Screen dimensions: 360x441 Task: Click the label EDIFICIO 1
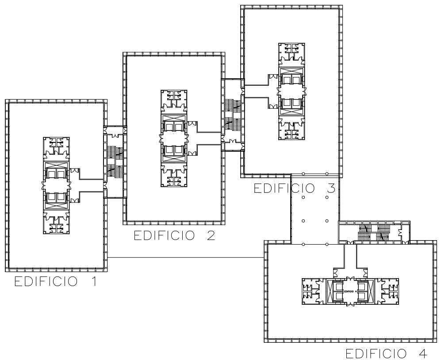pyautogui.click(x=56, y=282)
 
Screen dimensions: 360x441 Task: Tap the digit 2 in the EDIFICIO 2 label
pyautogui.click(x=211, y=236)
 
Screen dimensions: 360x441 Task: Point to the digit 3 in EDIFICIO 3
pyautogui.click(x=330, y=188)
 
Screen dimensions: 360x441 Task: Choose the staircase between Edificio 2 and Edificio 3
pyautogui.click(x=233, y=114)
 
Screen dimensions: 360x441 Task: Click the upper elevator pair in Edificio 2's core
pyautogui.click(x=174, y=127)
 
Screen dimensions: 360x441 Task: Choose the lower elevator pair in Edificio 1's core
pyautogui.click(x=56, y=198)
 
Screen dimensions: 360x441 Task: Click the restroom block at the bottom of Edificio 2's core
pyautogui.click(x=174, y=177)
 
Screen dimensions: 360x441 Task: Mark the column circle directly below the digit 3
pyautogui.click(x=327, y=197)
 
